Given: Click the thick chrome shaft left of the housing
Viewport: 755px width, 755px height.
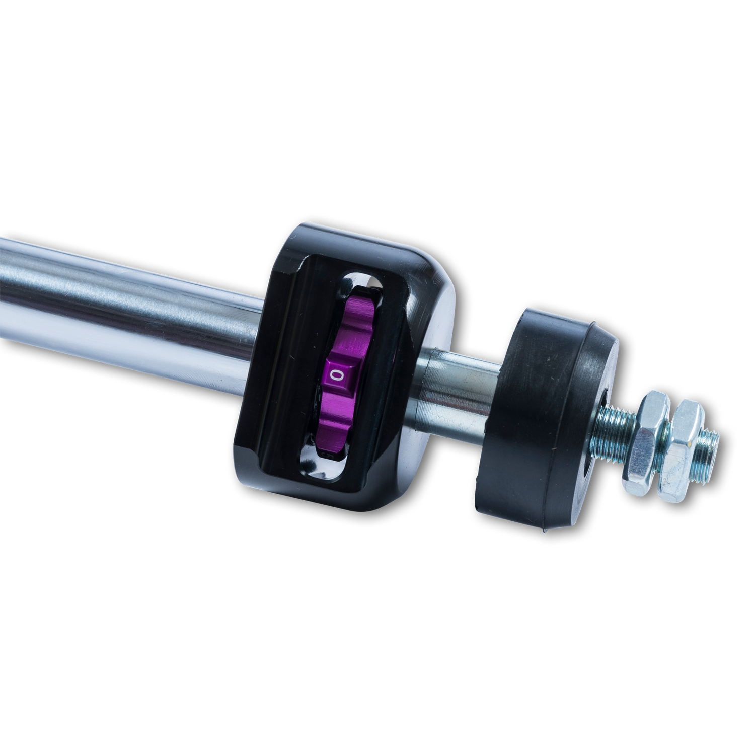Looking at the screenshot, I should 126,302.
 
